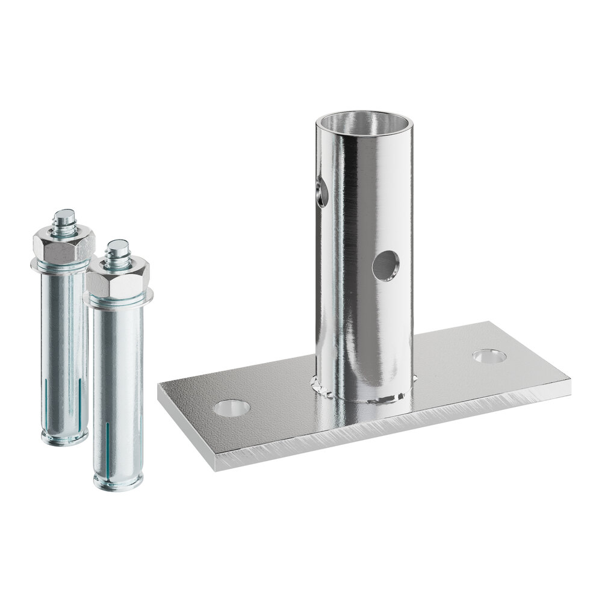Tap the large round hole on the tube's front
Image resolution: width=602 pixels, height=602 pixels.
385,265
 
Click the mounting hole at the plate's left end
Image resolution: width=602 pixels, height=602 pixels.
232,408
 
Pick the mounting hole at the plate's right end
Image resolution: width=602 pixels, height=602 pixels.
489,356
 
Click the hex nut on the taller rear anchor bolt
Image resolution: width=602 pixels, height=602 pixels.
64,243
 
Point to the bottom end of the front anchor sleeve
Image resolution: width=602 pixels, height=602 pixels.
118,482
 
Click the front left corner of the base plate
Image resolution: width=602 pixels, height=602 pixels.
160,385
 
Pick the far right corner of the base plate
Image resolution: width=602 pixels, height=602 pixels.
569,377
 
